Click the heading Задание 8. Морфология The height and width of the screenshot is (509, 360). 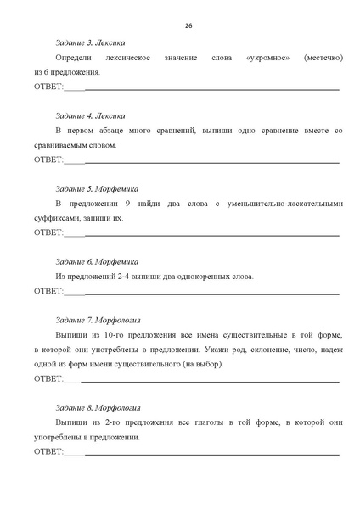pyautogui.click(x=99, y=407)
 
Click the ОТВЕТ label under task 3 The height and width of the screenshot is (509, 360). pyautogui.click(x=48, y=87)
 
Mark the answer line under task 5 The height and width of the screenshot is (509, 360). pyautogui.click(x=212, y=233)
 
